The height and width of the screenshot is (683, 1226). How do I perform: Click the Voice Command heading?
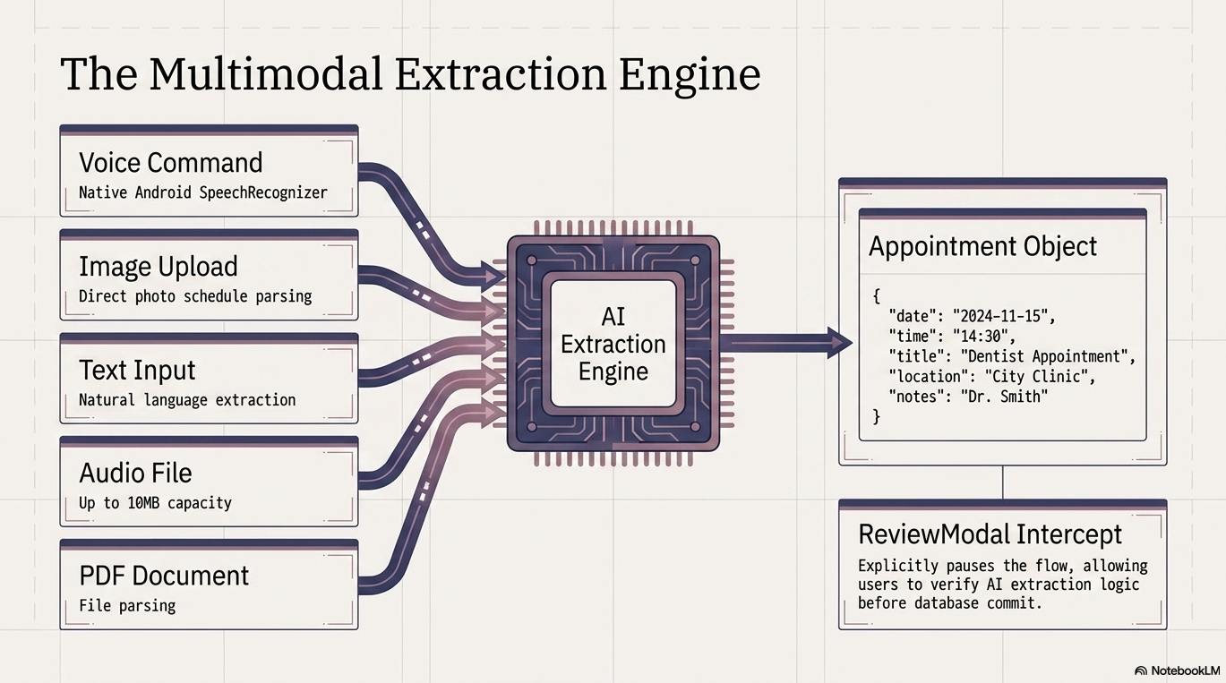click(x=171, y=163)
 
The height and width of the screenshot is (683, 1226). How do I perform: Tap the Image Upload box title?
click(x=159, y=267)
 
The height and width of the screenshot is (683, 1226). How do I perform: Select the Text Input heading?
click(x=137, y=370)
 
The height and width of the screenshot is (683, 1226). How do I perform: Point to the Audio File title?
click(x=135, y=473)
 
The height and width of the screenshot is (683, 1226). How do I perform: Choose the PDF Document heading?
click(x=164, y=576)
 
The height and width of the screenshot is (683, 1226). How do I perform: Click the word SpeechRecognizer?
click(x=263, y=192)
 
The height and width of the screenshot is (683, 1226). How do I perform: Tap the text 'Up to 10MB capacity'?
click(x=155, y=502)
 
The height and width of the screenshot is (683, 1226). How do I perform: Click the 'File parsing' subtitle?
click(x=127, y=606)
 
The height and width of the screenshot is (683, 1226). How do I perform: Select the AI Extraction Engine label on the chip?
click(x=613, y=344)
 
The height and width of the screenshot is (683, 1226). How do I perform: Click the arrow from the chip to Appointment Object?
click(x=786, y=343)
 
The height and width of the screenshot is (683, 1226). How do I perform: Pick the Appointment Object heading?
click(x=983, y=246)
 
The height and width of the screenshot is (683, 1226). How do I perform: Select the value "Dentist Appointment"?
click(x=1044, y=357)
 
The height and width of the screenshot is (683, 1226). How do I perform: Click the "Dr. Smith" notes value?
click(x=1004, y=397)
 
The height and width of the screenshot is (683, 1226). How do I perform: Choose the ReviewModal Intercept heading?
click(x=990, y=534)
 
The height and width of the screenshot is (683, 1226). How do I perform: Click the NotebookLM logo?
click(x=1178, y=670)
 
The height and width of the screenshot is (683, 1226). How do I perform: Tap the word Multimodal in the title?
click(x=265, y=73)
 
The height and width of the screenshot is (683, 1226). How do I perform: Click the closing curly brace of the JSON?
click(x=876, y=416)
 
